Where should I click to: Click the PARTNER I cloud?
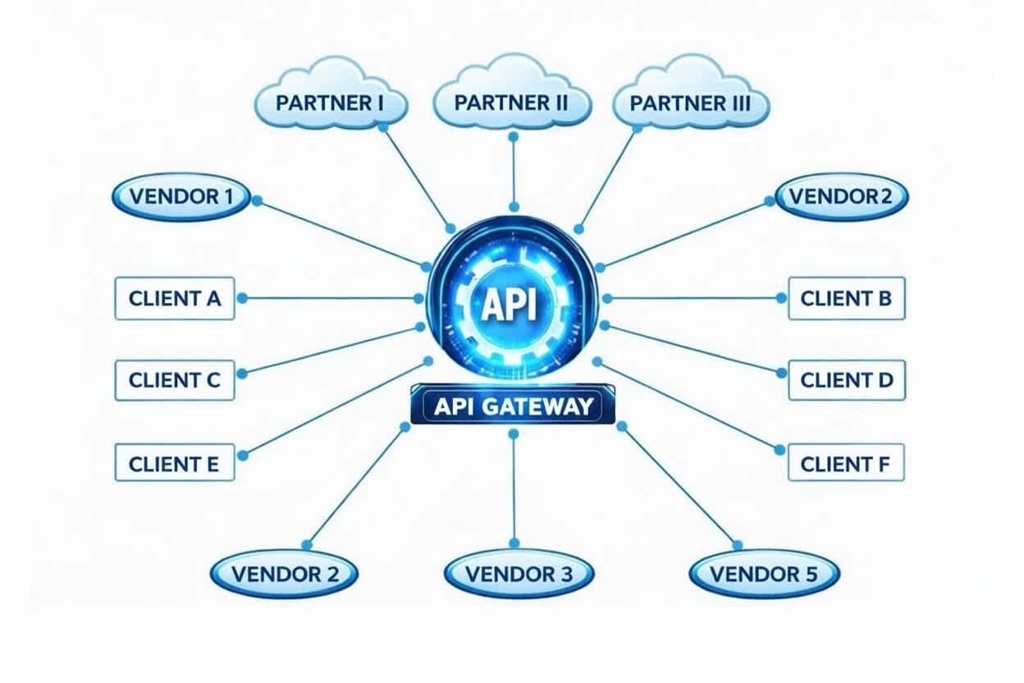coord(330,104)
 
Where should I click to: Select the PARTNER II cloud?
coord(512,103)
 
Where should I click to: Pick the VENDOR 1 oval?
coord(181,197)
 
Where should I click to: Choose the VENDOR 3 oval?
coord(519,574)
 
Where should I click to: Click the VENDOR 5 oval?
coord(764,574)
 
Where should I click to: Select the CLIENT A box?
coord(175,298)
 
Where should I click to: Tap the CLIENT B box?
coord(846,298)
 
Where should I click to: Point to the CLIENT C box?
coord(175,380)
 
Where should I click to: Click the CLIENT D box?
coord(846,380)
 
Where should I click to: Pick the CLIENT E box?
coord(174,463)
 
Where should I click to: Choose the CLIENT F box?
coord(845,463)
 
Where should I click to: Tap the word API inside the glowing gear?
coord(509,305)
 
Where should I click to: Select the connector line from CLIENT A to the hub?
coord(328,298)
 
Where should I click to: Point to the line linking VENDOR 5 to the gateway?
coord(679,484)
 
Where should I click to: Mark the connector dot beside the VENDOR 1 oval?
coord(256,200)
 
